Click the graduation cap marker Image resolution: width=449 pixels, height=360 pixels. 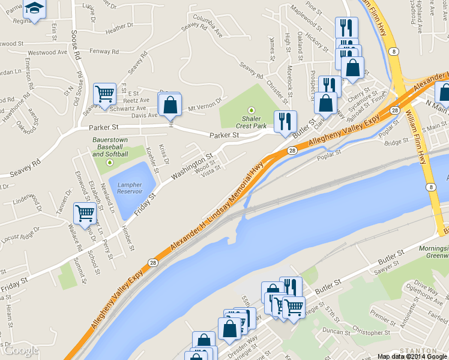(35, 10)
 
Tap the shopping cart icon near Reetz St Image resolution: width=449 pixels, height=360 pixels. (105, 94)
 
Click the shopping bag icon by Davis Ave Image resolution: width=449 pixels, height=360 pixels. (170, 104)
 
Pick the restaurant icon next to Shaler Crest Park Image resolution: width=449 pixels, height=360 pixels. (285, 121)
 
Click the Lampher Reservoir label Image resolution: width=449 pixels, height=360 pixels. (130, 188)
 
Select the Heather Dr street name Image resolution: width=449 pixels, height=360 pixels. (119, 28)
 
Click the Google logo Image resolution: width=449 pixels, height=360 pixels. (21, 350)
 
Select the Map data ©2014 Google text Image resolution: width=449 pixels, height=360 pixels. (412, 356)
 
